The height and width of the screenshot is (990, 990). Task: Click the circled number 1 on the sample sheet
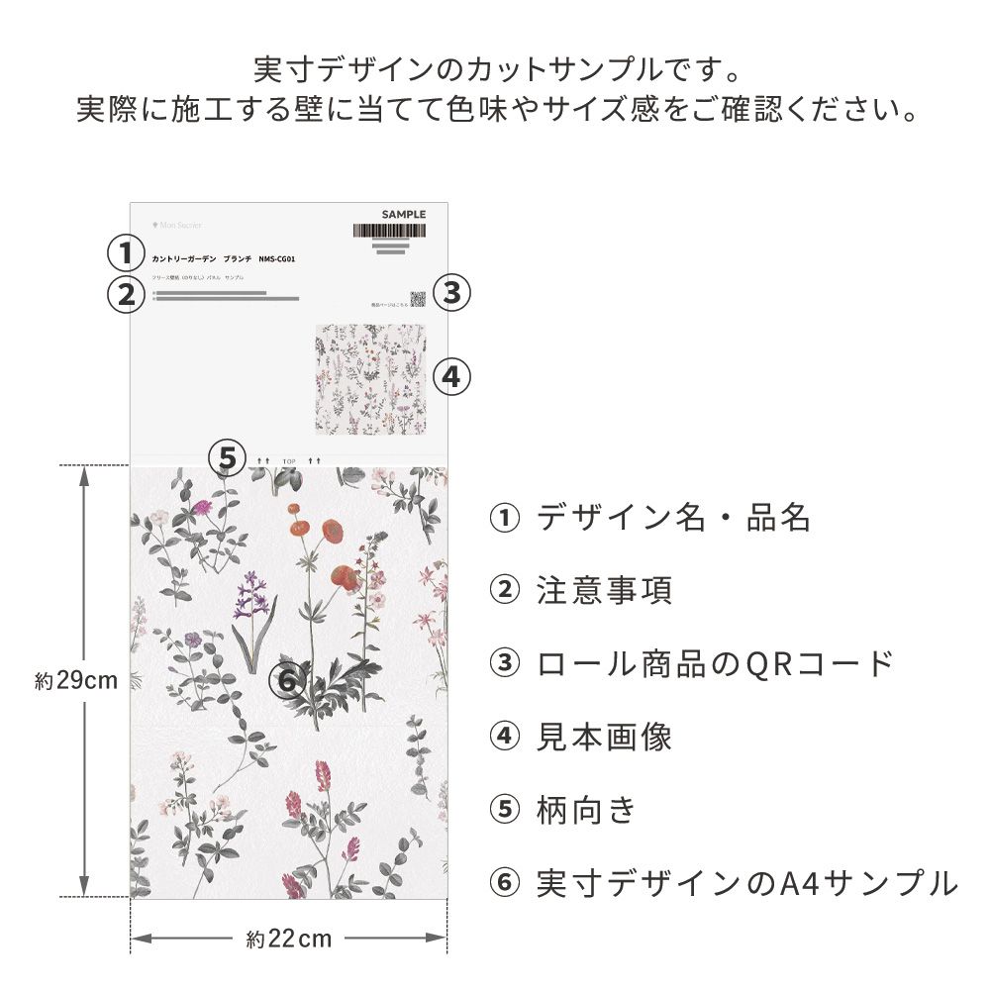click(x=126, y=252)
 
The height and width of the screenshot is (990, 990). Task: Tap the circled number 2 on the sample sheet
click(x=126, y=294)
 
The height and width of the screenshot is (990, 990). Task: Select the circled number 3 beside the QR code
click(x=451, y=292)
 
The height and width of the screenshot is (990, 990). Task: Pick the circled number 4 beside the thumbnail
click(x=450, y=376)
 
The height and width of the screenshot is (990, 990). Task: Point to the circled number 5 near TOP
click(x=229, y=458)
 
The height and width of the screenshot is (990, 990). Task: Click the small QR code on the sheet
click(x=418, y=299)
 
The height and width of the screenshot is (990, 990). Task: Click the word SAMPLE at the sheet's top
click(x=404, y=214)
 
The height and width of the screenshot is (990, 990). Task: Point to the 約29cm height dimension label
click(x=76, y=681)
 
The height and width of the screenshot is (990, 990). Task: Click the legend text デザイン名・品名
click(x=673, y=518)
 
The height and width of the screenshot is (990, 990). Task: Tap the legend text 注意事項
click(x=604, y=591)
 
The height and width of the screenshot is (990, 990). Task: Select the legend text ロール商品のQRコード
click(x=715, y=664)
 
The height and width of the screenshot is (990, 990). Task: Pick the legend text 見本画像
click(x=604, y=738)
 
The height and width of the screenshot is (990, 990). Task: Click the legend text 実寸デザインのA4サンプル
click(x=746, y=883)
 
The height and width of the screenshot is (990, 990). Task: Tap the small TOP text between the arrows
click(x=289, y=461)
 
